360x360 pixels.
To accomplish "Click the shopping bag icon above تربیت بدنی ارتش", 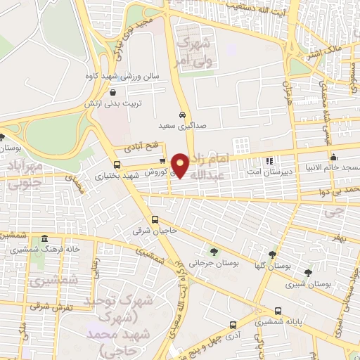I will [112, 91].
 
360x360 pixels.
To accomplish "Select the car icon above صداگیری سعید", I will [182, 113].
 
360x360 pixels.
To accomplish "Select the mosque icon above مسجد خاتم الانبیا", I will [333, 157].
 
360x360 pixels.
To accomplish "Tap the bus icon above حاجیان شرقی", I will [155, 219].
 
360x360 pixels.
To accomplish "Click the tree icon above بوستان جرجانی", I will [213, 251].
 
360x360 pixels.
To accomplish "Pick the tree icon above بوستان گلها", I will [272, 254].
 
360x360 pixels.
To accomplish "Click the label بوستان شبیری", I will [309, 285].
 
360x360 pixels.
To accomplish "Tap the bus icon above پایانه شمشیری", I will [278, 311].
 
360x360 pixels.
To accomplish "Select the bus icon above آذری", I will [233, 326].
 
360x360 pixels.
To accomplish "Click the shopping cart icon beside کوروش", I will [162, 161].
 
